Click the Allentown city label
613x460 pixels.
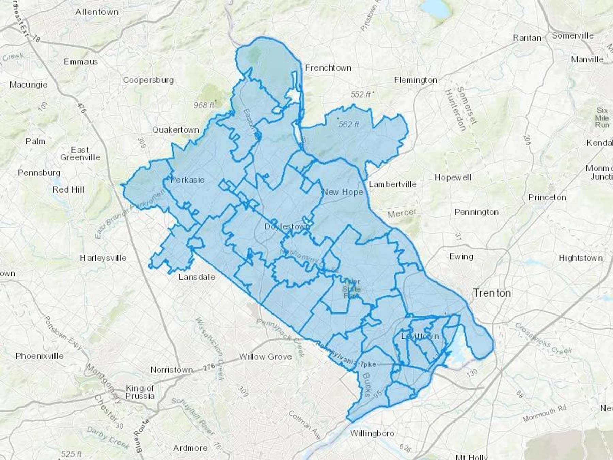point(97,12)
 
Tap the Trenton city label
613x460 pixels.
point(492,293)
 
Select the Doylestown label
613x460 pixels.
point(287,227)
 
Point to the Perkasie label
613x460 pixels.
point(187,180)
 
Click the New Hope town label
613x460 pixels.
point(342,192)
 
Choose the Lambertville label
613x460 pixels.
point(393,184)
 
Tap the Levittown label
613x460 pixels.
point(420,336)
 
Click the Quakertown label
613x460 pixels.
point(175,130)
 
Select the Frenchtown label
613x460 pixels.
point(328,68)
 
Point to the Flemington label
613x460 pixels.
point(415,80)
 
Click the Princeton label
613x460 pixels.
point(547,197)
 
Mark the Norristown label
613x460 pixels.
point(172,370)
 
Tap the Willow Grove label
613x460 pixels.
point(265,357)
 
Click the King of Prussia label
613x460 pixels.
point(140,392)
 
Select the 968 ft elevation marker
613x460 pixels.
point(204,105)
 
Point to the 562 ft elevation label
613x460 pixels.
point(348,125)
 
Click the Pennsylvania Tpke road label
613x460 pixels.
point(346,355)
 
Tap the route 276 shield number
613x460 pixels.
point(209,367)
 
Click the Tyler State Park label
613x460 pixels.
point(351,289)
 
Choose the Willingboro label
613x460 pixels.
point(372,433)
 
